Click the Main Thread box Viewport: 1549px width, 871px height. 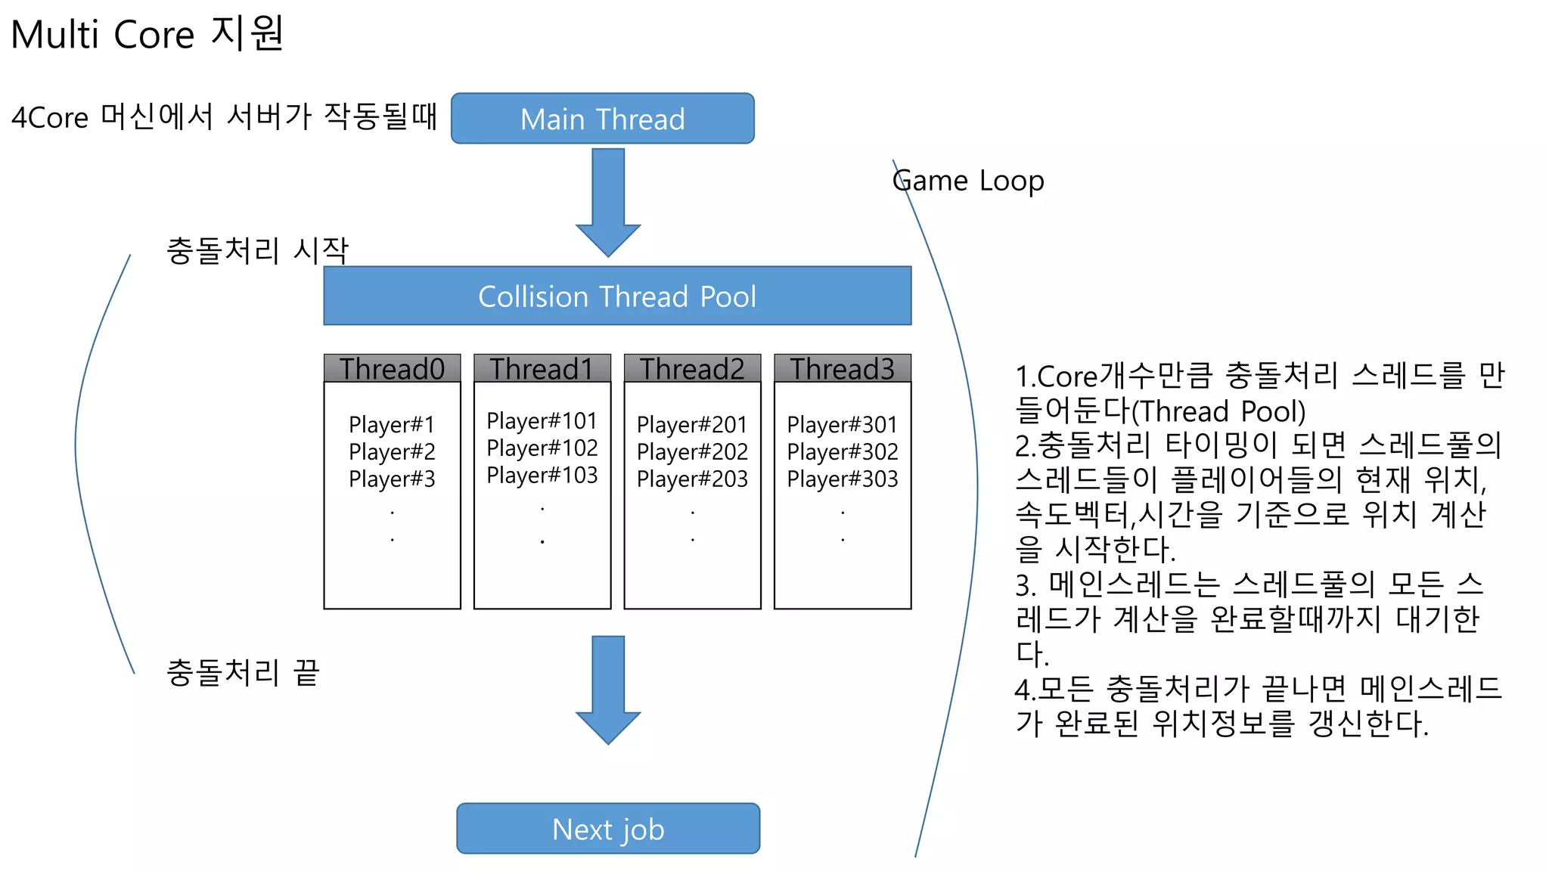602,119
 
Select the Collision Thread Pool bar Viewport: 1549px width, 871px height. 617,296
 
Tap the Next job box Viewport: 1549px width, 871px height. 608,829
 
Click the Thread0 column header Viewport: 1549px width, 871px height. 392,369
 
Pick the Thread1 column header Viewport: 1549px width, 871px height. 542,369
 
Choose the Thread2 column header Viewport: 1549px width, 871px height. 692,369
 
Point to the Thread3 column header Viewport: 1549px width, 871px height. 842,369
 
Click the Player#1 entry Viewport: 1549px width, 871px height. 392,424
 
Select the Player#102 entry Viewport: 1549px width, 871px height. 542,448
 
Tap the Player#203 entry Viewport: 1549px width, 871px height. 692,479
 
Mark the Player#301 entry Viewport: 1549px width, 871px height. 842,424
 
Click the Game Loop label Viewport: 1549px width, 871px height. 968,181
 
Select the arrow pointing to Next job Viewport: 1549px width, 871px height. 608,689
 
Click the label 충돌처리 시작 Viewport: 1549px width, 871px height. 257,250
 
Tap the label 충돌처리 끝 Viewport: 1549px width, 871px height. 243,672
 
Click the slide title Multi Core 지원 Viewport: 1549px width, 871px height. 147,34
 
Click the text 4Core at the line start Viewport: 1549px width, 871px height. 50,118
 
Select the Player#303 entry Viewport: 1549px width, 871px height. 842,479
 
